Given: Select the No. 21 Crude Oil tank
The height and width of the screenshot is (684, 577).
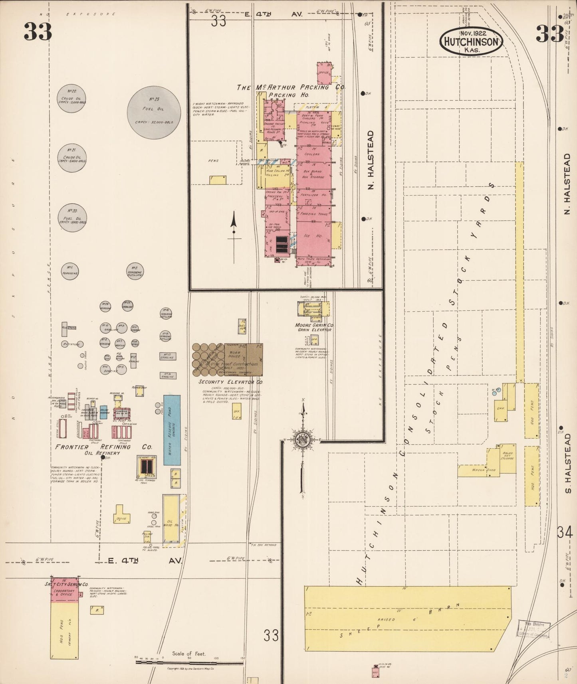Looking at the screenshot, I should (x=72, y=158).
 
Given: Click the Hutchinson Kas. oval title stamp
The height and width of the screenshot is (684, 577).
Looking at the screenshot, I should (x=472, y=42).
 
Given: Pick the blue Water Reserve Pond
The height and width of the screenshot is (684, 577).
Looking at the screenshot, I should (x=172, y=430).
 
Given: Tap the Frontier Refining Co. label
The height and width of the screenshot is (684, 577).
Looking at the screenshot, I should (x=104, y=447).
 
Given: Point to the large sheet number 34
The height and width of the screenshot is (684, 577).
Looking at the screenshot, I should (x=565, y=532).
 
